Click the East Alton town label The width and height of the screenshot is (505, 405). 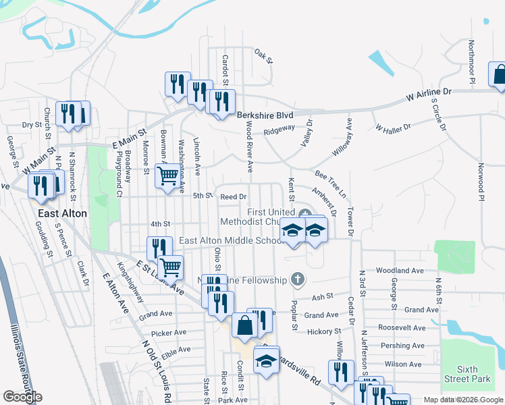click(x=61, y=213)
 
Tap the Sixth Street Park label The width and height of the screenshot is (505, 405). click(x=477, y=374)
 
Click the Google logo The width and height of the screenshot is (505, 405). click(x=23, y=397)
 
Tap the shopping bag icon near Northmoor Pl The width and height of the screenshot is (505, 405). click(x=500, y=76)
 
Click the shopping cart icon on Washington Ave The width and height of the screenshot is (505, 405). click(x=167, y=175)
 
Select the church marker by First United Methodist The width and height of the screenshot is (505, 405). click(x=304, y=213)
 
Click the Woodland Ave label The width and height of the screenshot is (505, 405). click(x=399, y=271)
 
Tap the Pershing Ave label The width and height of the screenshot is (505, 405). click(x=402, y=346)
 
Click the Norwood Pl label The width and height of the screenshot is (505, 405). click(x=481, y=181)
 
